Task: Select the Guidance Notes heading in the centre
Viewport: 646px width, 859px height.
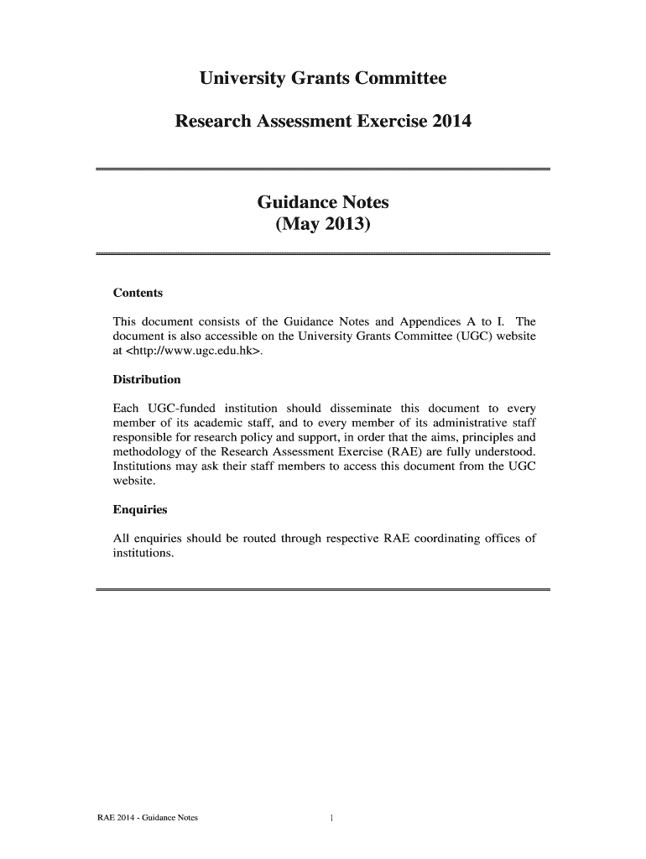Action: click(x=322, y=203)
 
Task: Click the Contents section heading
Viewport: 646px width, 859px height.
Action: click(x=138, y=294)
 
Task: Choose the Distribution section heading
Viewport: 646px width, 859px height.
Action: click(x=147, y=379)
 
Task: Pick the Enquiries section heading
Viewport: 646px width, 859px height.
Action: click(x=140, y=509)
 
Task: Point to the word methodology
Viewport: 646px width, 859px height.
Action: click(x=148, y=453)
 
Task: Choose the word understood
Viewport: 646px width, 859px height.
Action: click(x=505, y=453)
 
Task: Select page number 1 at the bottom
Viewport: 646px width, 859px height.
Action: click(x=333, y=819)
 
